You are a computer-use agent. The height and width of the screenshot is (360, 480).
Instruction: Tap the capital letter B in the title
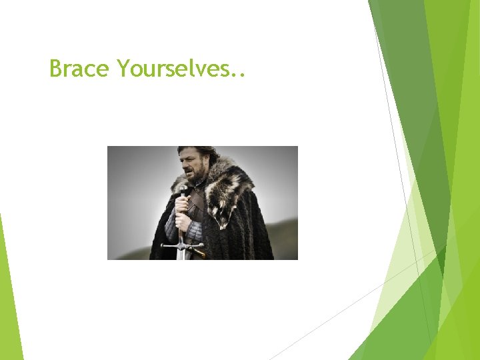point(55,68)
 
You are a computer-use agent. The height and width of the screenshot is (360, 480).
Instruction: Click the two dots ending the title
point(239,74)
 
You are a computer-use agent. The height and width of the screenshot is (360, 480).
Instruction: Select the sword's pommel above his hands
point(183,190)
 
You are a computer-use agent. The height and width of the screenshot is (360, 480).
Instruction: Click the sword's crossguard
point(182,245)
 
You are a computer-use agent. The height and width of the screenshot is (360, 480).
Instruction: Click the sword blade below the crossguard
point(181,254)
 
